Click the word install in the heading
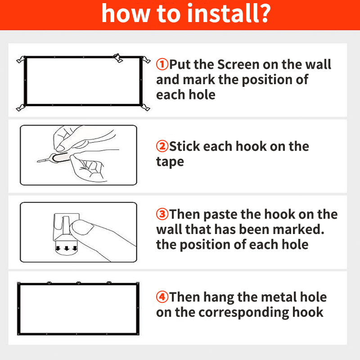[223, 13]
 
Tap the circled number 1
[162, 64]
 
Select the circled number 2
[162, 146]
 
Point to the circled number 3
[162, 214]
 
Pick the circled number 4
[162, 297]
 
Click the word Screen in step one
[238, 64]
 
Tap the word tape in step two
[170, 162]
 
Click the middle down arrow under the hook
[67, 248]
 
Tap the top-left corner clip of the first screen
[21, 60]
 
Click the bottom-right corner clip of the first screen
[145, 107]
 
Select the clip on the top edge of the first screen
[118, 58]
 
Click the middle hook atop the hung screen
[78, 283]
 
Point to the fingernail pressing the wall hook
[82, 227]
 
